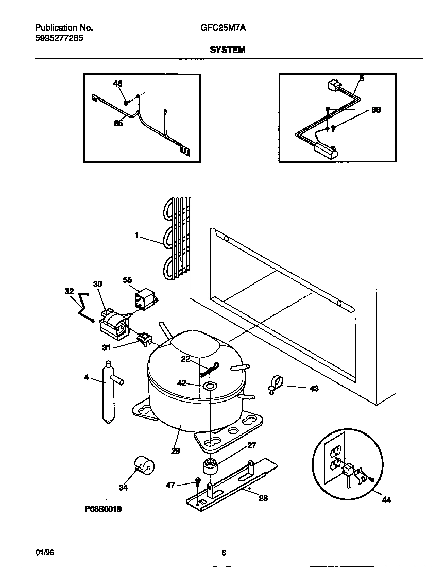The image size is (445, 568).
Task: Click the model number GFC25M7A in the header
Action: pyautogui.click(x=222, y=28)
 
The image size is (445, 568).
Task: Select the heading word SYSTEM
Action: pyautogui.click(x=227, y=50)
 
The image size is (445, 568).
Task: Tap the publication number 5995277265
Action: pyautogui.click(x=59, y=38)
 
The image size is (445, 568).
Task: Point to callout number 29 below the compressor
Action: pyautogui.click(x=175, y=450)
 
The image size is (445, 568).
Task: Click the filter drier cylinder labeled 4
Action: pyautogui.click(x=109, y=392)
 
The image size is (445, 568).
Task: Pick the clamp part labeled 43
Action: pyautogui.click(x=275, y=385)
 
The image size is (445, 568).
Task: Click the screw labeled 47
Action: pyautogui.click(x=198, y=483)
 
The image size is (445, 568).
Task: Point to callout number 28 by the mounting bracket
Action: pyautogui.click(x=263, y=498)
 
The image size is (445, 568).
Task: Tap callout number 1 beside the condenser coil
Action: pyautogui.click(x=136, y=235)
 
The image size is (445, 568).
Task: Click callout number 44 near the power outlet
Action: pyautogui.click(x=387, y=499)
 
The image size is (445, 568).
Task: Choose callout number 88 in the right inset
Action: pyautogui.click(x=376, y=110)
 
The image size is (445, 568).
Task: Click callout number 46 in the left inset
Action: pyautogui.click(x=118, y=83)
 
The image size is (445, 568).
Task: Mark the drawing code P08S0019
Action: pyautogui.click(x=104, y=509)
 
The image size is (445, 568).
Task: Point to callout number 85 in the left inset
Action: pyautogui.click(x=118, y=123)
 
